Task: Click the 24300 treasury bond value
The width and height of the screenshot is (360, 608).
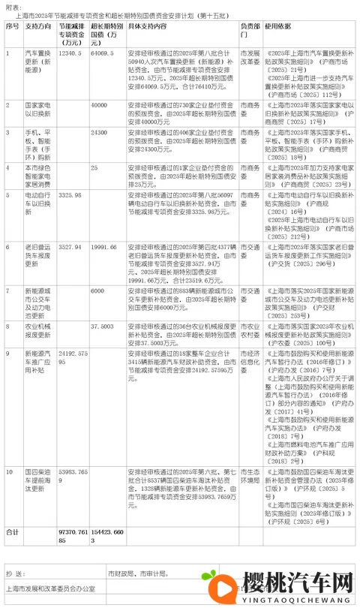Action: point(99,133)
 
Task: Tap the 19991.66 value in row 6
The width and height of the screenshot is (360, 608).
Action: point(103,246)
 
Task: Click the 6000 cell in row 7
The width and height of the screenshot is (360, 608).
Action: point(97,290)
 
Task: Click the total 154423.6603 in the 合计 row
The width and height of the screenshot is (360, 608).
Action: point(105,535)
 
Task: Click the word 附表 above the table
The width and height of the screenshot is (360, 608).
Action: point(12,5)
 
